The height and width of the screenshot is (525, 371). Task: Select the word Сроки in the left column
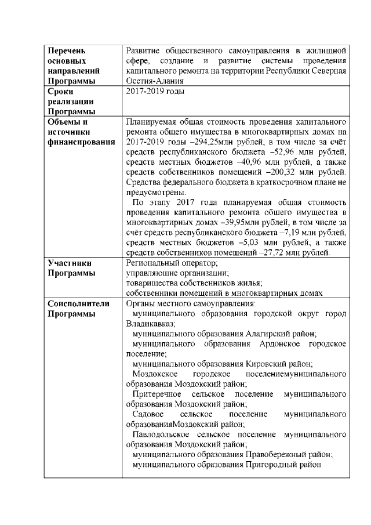[60, 91]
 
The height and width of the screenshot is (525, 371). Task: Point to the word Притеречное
[157, 394]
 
